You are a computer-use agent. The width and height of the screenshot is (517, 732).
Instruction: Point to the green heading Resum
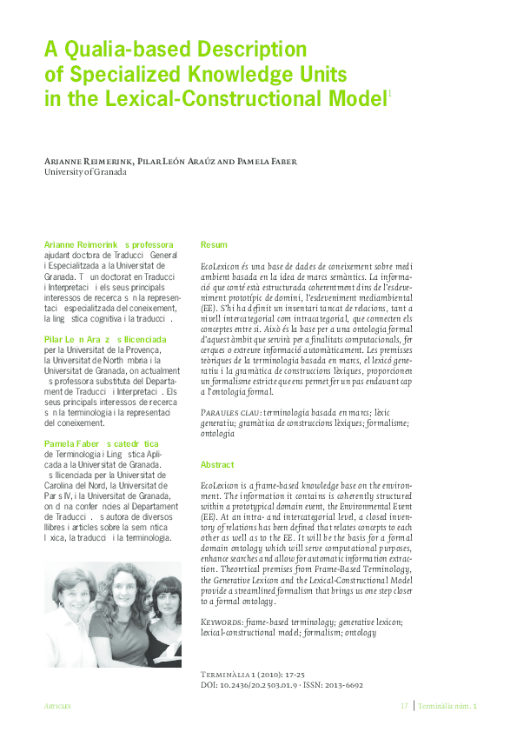pyautogui.click(x=214, y=245)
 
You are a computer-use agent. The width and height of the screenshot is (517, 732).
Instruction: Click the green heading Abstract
pyautogui.click(x=218, y=464)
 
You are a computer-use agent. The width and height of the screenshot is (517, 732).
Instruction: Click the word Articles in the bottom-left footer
pyautogui.click(x=57, y=706)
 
